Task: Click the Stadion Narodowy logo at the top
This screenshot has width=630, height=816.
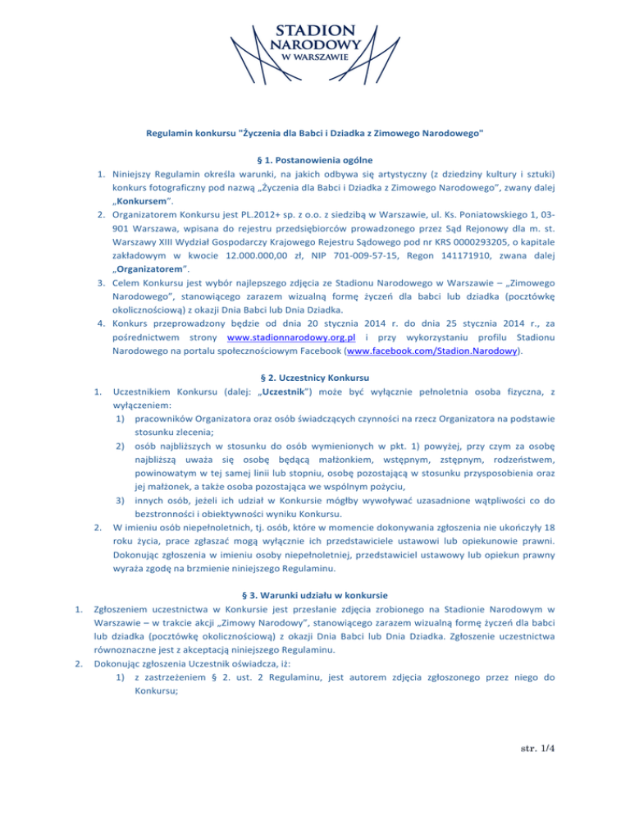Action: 314,44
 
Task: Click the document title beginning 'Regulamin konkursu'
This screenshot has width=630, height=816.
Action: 314,132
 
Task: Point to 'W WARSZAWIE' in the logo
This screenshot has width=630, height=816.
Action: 314,57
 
